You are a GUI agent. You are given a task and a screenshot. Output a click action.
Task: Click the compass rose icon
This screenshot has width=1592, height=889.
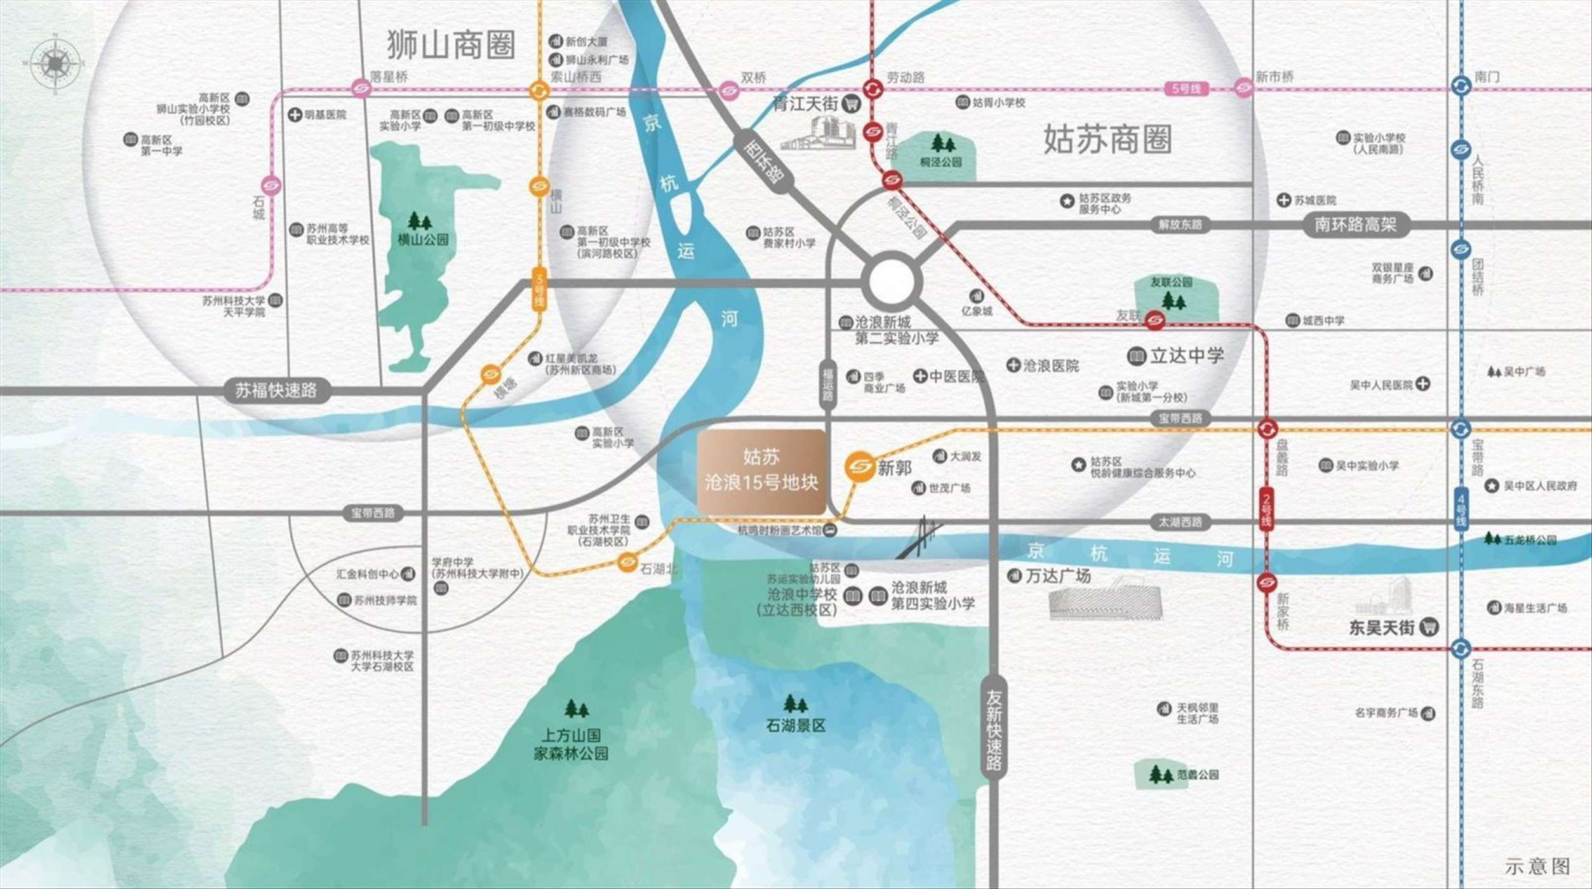tap(55, 63)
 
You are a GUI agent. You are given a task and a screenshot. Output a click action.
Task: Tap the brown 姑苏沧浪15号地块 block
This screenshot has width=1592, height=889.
tap(761, 471)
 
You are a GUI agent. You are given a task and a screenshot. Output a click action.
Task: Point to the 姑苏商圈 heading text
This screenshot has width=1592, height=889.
tap(1107, 140)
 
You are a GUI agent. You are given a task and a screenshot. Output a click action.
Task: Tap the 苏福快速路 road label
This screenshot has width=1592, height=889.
tap(276, 390)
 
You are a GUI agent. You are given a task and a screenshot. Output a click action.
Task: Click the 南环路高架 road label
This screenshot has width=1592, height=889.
tap(1355, 225)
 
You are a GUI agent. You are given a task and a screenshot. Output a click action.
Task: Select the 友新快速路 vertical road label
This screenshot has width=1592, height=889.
tap(994, 730)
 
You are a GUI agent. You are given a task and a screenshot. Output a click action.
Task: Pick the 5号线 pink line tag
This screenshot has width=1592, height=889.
tap(1186, 88)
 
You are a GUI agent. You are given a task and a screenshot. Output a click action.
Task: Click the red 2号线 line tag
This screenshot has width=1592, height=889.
tap(1266, 509)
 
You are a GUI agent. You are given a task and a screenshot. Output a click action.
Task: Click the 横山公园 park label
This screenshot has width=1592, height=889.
tap(422, 240)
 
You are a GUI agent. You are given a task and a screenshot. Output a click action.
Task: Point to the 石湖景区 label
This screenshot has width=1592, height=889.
tap(796, 725)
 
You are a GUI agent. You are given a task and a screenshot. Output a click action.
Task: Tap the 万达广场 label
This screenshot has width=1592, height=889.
tap(1058, 576)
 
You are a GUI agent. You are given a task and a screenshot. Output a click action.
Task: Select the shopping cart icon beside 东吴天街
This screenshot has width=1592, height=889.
tap(1430, 627)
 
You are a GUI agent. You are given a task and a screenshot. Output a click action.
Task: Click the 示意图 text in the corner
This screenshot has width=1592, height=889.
tap(1537, 866)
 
